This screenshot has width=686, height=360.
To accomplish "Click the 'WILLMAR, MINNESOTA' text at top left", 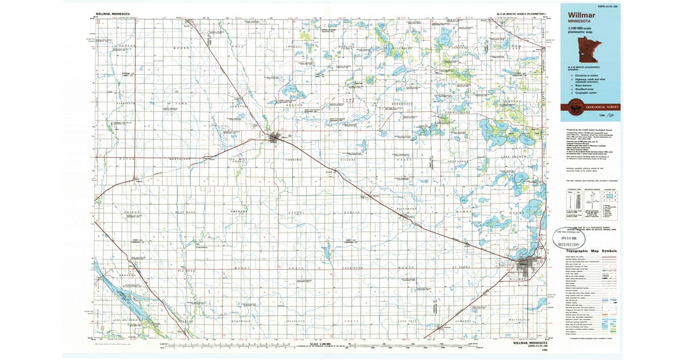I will [114, 13].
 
